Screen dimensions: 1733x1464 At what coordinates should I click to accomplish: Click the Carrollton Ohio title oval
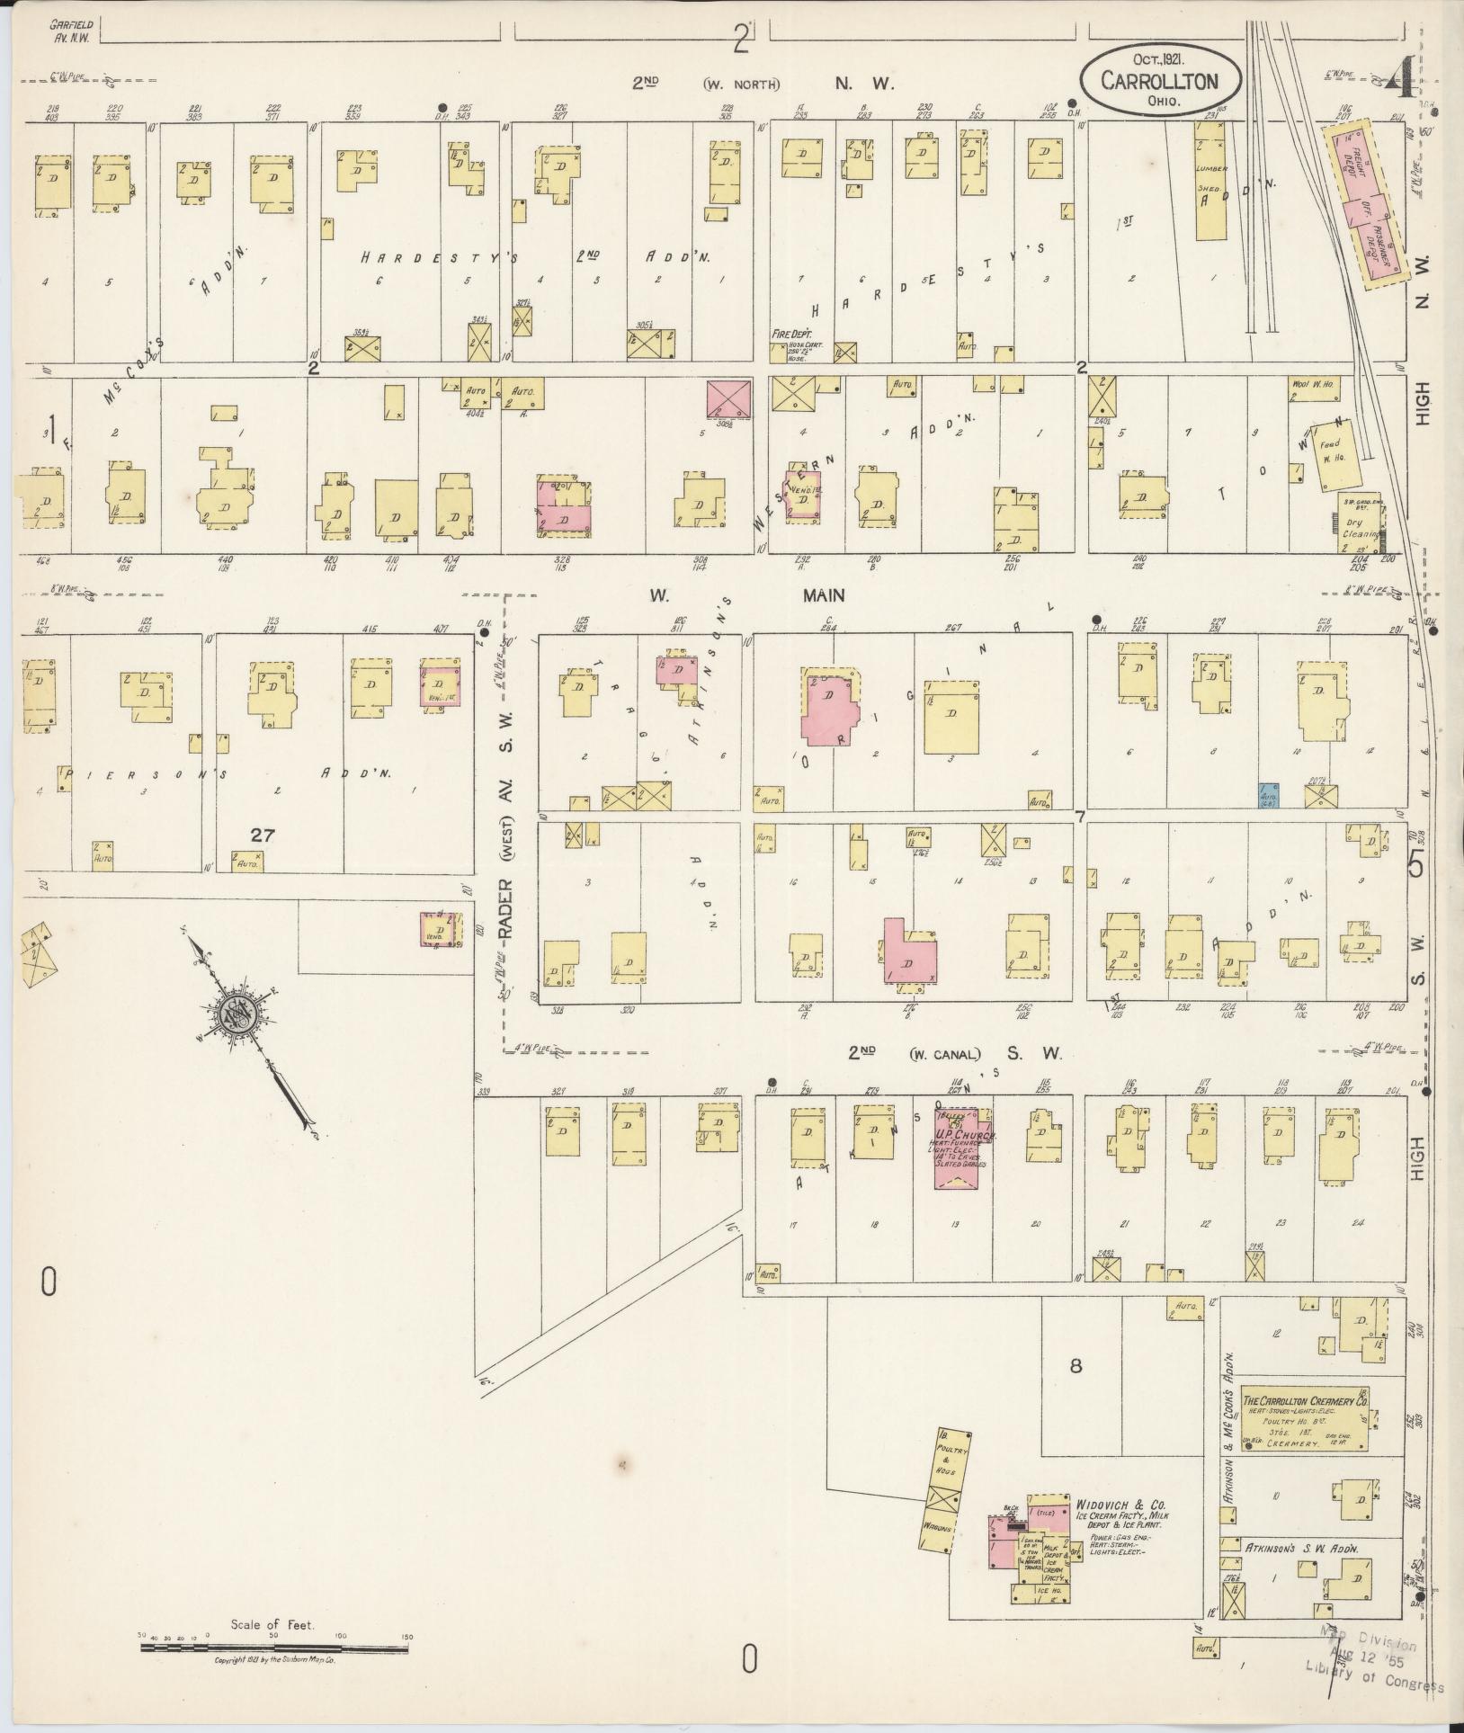1161,81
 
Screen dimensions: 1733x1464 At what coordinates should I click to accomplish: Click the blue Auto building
1269,794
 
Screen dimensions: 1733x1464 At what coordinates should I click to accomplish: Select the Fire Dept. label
789,334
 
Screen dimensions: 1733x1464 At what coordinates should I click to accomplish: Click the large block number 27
262,835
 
